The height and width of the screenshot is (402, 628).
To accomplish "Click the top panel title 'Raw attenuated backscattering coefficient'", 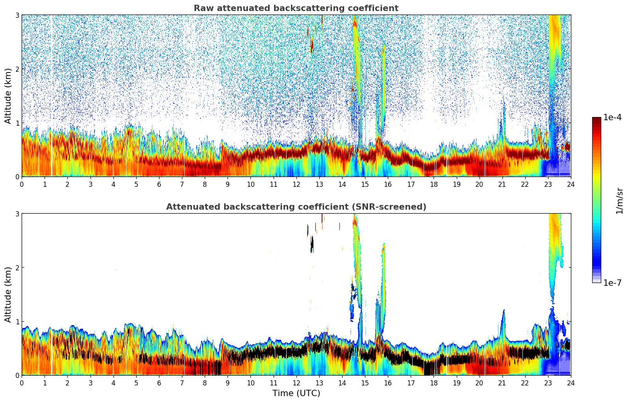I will click(x=296, y=8).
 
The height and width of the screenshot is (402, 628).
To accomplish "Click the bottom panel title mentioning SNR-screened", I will click(x=296, y=207).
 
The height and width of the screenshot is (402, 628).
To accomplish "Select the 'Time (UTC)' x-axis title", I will click(x=296, y=393).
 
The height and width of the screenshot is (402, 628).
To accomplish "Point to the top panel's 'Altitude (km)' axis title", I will click(x=8, y=96).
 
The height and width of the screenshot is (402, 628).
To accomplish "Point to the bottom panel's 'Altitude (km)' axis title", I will click(x=8, y=294).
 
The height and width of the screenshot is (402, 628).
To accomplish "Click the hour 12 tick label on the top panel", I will click(x=296, y=184).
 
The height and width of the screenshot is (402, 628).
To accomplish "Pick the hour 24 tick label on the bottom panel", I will click(x=571, y=383).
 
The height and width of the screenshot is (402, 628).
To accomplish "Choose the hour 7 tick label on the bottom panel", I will click(x=182, y=383).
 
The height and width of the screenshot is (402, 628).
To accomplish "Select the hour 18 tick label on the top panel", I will click(x=433, y=184).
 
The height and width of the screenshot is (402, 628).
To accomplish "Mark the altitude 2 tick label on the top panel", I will click(x=17, y=69).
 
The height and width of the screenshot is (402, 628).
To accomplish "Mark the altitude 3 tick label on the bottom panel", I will click(x=17, y=214).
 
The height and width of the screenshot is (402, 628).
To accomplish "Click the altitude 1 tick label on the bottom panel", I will click(x=17, y=322).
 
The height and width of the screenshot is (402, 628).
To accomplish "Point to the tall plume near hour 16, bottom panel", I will click(x=383, y=276).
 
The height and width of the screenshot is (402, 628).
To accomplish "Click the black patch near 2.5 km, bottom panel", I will click(x=312, y=244).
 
